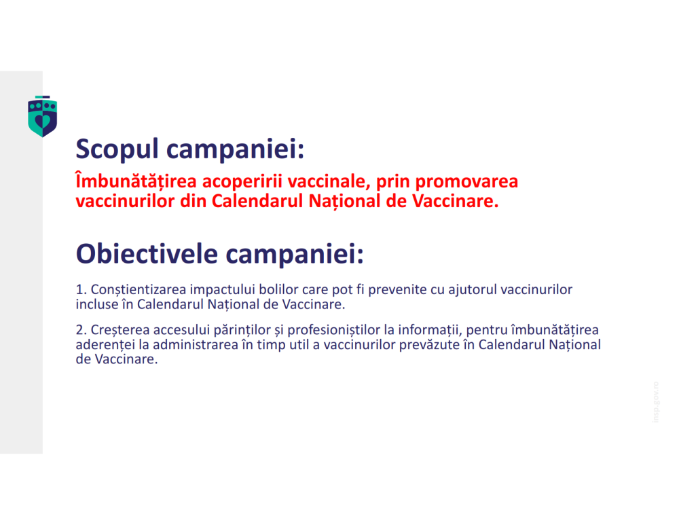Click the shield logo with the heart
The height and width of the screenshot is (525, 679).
(x=42, y=116)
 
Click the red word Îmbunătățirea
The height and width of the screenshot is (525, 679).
(x=128, y=182)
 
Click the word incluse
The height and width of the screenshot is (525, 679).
(x=96, y=304)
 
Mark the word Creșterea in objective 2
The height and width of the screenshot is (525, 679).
(x=120, y=331)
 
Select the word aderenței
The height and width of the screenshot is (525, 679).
(x=103, y=344)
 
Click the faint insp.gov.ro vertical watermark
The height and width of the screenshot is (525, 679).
(x=655, y=402)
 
